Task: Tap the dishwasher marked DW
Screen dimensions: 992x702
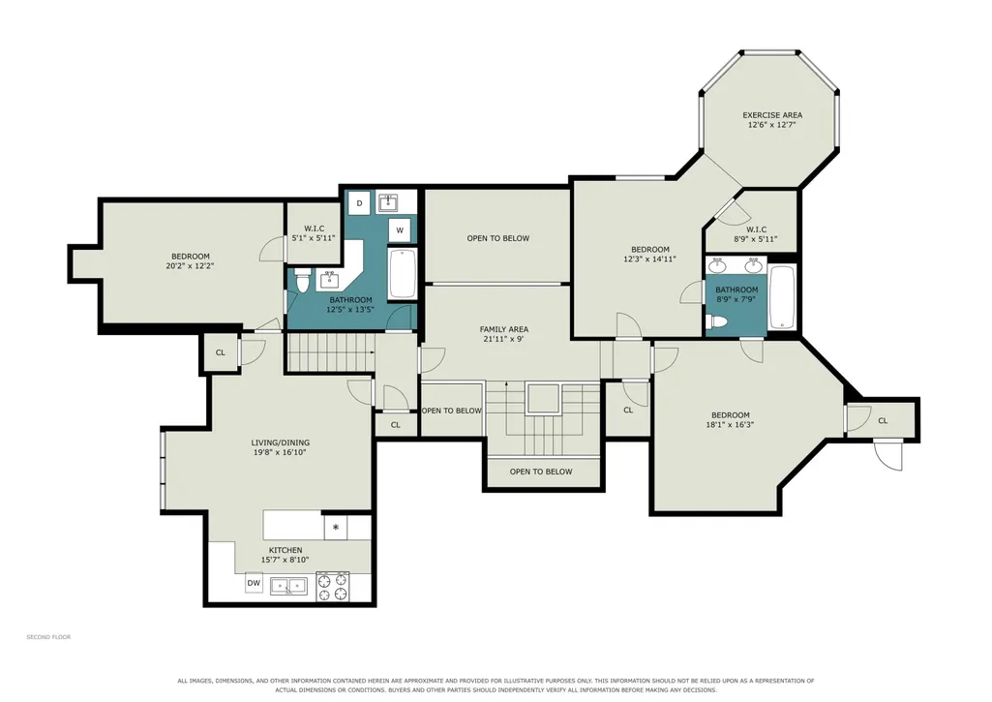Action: click(254, 583)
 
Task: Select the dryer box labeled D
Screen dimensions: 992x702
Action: click(359, 202)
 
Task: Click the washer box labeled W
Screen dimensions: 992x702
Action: click(399, 230)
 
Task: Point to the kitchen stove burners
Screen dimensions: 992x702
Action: click(333, 586)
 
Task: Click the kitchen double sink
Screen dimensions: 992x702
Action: click(289, 586)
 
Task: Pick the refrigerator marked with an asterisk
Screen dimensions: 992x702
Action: click(335, 528)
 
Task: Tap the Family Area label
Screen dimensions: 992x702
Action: click(503, 329)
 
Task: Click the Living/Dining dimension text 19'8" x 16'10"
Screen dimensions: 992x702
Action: click(281, 452)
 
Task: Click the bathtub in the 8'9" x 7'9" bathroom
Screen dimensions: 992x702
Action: click(782, 297)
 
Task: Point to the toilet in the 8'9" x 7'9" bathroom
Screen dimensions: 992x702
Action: click(717, 322)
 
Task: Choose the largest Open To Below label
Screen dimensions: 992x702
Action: click(497, 238)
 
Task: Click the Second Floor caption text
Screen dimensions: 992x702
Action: click(48, 637)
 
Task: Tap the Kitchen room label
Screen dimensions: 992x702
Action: click(286, 550)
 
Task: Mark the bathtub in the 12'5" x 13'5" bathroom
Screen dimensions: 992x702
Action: click(403, 273)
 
